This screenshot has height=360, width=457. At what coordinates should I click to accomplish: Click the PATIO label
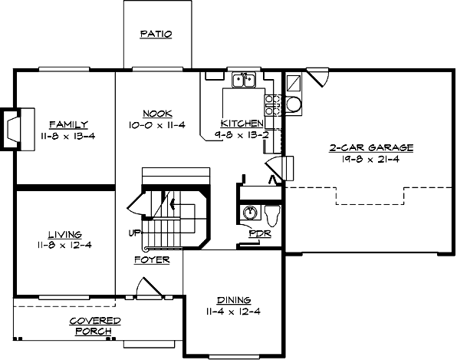[x=156, y=35]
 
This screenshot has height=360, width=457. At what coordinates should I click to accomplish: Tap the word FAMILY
[x=68, y=124]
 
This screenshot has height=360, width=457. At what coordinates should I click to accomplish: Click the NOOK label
[x=157, y=114]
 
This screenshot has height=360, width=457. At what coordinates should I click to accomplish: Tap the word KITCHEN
[x=242, y=124]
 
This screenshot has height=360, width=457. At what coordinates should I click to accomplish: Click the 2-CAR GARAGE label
[x=361, y=147]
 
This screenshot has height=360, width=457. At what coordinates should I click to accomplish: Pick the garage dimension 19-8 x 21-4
[x=361, y=159]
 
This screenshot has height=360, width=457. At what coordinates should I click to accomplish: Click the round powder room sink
[x=248, y=213]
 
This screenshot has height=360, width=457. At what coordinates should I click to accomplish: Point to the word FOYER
[x=152, y=259]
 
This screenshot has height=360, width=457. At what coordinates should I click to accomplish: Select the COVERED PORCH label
[x=94, y=325]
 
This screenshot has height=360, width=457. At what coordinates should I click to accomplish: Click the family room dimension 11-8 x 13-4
[x=68, y=136]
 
